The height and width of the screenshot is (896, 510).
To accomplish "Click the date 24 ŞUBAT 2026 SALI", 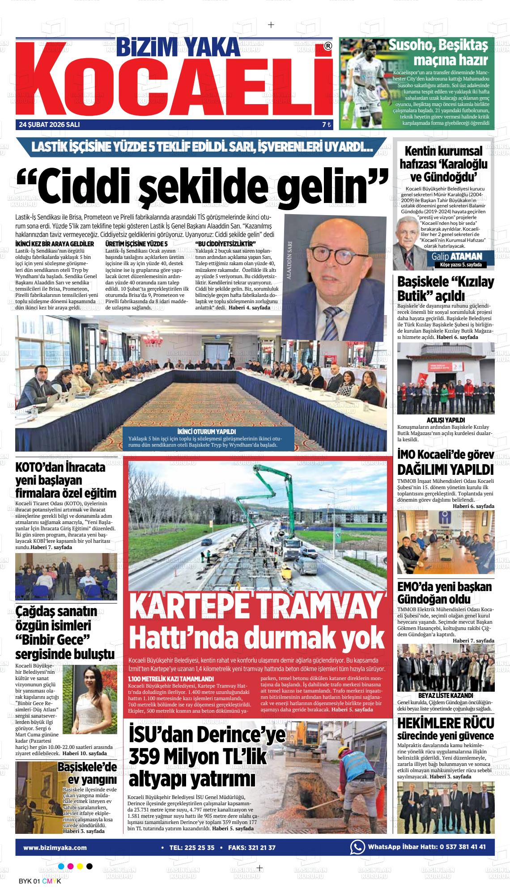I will point(49,125).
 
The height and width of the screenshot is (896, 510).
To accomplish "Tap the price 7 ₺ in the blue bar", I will point(326,125).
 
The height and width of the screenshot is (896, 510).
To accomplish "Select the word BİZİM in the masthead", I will point(146,46).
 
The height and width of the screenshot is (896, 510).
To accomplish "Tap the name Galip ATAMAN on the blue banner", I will point(456,256).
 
